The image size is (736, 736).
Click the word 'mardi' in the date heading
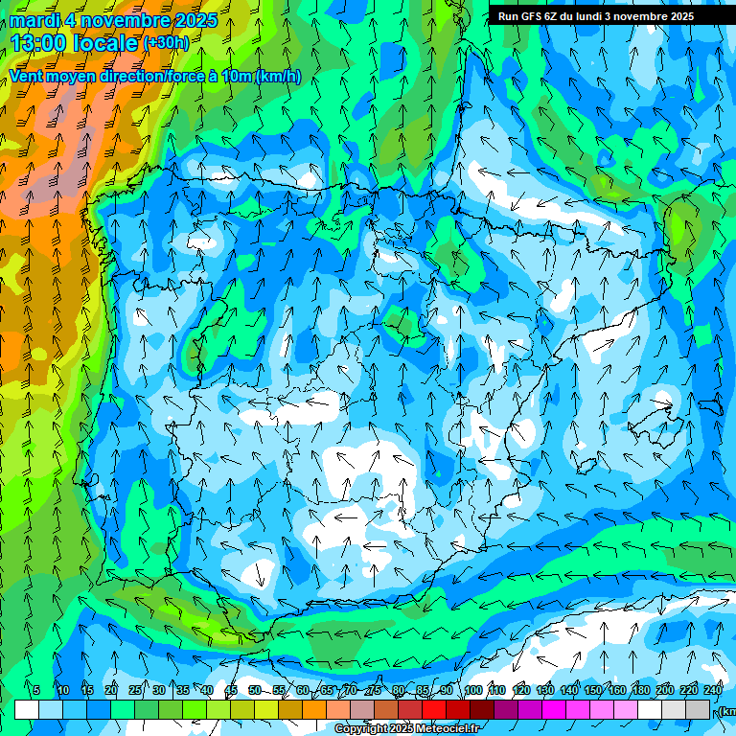34,20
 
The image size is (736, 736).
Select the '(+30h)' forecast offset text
166,43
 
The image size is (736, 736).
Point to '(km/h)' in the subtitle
278,77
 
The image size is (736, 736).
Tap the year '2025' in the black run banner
676,16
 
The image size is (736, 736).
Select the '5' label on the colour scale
36,691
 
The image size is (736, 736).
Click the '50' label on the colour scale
254,691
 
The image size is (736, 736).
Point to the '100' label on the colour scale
472,691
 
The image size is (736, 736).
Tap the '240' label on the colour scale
713,691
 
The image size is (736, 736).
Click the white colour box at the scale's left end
27,709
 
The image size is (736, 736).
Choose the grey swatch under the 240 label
699,709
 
